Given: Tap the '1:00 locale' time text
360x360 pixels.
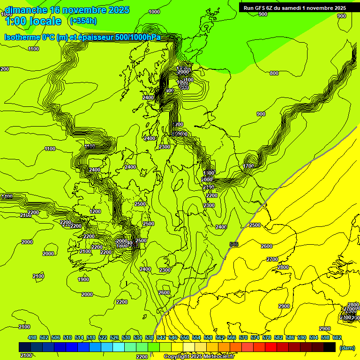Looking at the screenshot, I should [x=33, y=21].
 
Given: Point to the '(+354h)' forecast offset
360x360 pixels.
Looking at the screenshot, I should [x=83, y=21].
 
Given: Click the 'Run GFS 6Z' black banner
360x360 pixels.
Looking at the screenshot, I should [x=294, y=8].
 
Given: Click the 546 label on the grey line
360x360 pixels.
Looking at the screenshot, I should [x=234, y=244].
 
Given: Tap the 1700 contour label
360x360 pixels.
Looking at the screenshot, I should [x=248, y=166].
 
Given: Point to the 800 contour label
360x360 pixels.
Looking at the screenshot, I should [x=274, y=73].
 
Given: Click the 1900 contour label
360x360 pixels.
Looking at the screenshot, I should [x=83, y=279].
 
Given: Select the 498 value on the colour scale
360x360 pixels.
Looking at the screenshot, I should [x=32, y=338].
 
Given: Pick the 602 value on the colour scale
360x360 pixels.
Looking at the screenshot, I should [x=337, y=338].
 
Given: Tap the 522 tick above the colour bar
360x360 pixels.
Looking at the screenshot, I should [x=103, y=338].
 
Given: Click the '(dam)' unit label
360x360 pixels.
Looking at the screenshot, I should [x=346, y=348].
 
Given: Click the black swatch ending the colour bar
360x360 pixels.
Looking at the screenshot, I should [x=330, y=347].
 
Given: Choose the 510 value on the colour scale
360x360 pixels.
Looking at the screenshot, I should [x=67, y=338].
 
